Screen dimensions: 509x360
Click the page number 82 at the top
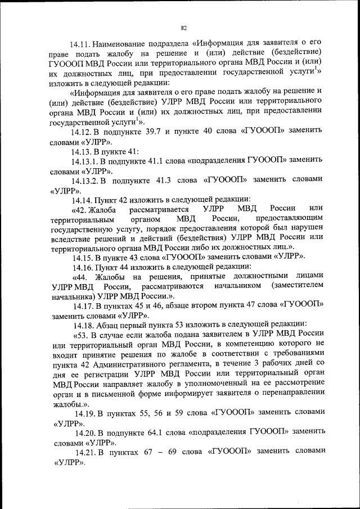[x=183, y=26]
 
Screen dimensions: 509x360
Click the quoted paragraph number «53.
[x=83, y=335]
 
